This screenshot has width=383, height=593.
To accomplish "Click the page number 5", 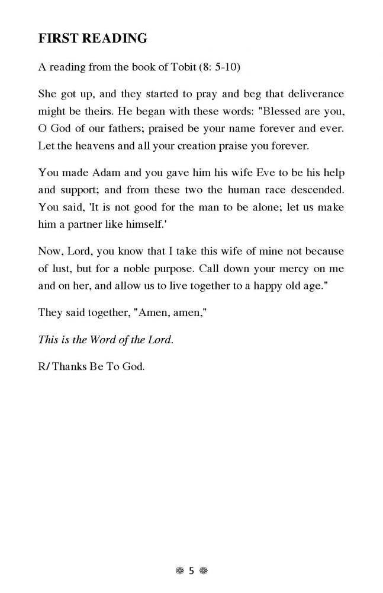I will tap(191, 572).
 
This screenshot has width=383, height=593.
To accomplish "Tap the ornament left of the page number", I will tap(179, 572).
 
